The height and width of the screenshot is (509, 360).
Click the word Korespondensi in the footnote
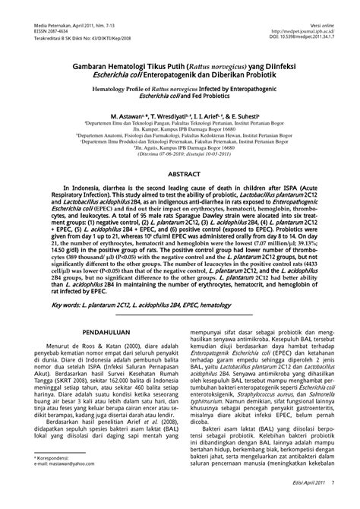[59, 458]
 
